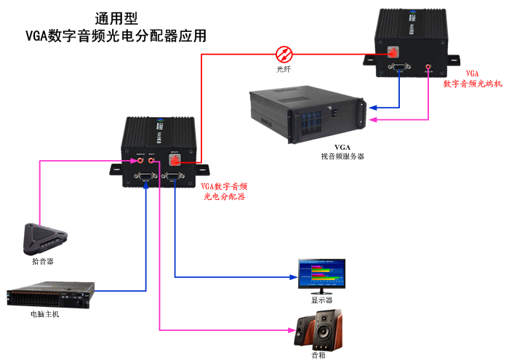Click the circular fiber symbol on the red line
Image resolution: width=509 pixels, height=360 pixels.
coord(284,53)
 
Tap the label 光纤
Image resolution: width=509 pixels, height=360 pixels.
coord(284,69)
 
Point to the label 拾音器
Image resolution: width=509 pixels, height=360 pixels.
coord(43,260)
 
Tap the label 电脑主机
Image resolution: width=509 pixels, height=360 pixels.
coord(45,314)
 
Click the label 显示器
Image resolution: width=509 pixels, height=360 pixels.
coord(321,300)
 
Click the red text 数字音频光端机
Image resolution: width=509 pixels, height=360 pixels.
coord(473,84)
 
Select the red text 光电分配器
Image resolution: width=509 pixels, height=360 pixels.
coord(225,196)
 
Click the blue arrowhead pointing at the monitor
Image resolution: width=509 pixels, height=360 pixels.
coord(294,277)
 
